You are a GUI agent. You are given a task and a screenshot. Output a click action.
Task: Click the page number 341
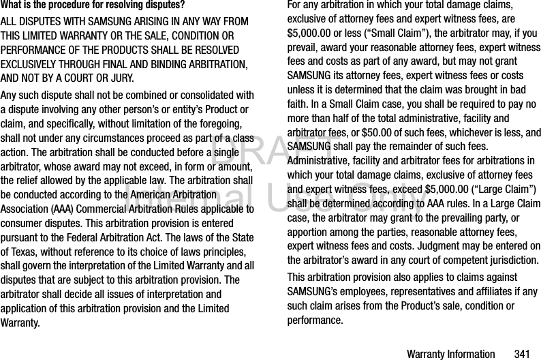tap(522, 354)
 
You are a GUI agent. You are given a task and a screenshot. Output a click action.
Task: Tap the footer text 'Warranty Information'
tap(450, 354)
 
